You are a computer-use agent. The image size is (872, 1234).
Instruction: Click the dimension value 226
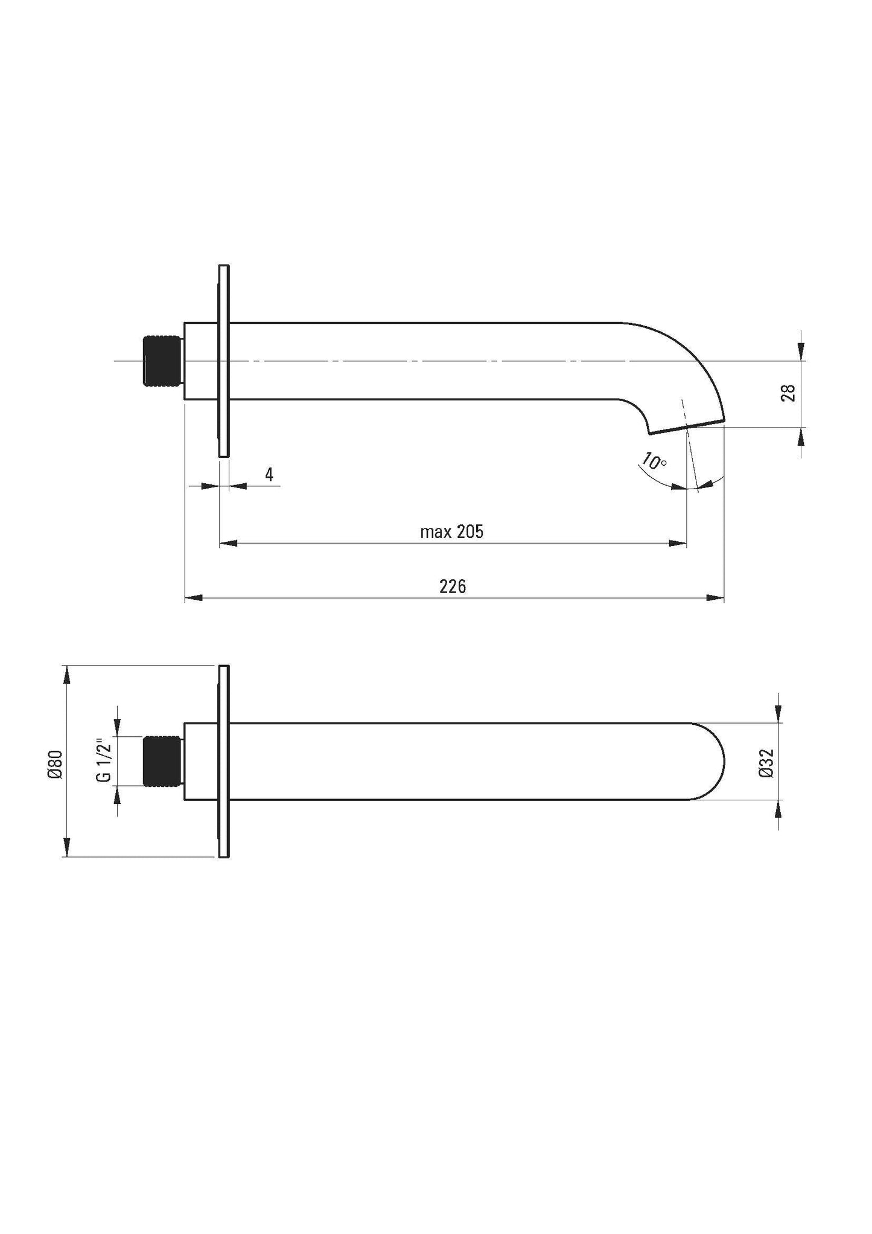pyautogui.click(x=452, y=586)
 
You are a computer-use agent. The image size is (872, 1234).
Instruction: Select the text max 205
pyautogui.click(x=451, y=532)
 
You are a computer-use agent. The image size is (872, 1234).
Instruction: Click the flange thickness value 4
pyautogui.click(x=269, y=475)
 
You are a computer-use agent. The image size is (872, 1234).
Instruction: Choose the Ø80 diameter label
pyautogui.click(x=56, y=763)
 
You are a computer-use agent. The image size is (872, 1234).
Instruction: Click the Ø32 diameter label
pyautogui.click(x=766, y=762)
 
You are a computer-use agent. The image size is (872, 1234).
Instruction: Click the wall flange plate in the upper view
pyautogui.click(x=224, y=361)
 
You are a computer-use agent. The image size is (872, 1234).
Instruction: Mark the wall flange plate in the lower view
pyautogui.click(x=224, y=761)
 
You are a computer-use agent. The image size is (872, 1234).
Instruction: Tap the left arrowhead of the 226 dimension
pyautogui.click(x=192, y=598)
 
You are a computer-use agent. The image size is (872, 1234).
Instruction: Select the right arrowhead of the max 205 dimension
pyautogui.click(x=679, y=544)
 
